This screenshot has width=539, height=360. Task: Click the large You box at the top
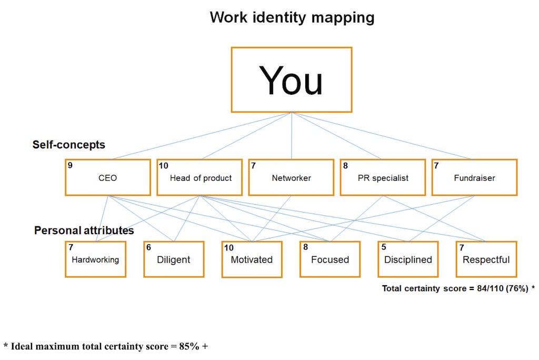tap(291, 80)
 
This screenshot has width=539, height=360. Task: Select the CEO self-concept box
tap(108, 177)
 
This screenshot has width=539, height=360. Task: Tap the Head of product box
tap(201, 177)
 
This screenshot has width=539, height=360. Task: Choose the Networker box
tap(291, 177)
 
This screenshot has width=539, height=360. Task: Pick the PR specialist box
tap(382, 177)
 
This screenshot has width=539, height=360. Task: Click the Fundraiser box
tap(474, 177)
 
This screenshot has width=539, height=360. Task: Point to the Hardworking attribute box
tap(95, 259)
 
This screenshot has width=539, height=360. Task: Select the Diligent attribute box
tap(174, 259)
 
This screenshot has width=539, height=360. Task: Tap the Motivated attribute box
tap(252, 259)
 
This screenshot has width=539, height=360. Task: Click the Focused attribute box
tap(330, 259)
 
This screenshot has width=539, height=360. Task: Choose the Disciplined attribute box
tap(408, 259)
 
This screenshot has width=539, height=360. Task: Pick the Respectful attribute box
tap(486, 259)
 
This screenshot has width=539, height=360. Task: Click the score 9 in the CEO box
tap(70, 165)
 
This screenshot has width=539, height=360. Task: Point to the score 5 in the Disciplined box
tap(383, 246)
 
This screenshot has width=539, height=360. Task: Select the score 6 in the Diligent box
tap(148, 246)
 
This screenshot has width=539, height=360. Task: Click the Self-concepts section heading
tap(69, 144)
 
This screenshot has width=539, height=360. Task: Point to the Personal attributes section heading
tap(84, 231)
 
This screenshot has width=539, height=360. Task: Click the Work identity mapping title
tap(292, 17)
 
